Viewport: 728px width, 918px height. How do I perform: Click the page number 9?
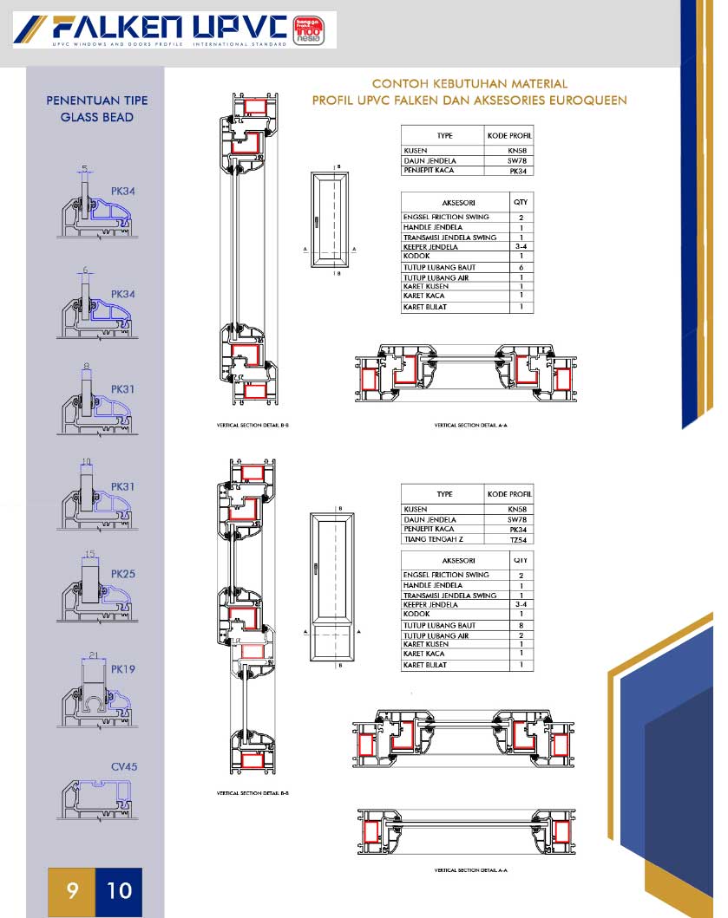(72, 889)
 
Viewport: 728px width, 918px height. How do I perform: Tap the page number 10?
(119, 889)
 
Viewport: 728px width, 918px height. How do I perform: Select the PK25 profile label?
(123, 574)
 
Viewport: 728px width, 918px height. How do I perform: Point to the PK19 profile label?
(123, 670)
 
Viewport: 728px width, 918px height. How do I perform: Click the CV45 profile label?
(124, 767)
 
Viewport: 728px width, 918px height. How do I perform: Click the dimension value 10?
(86, 462)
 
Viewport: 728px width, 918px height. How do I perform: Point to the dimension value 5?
(85, 168)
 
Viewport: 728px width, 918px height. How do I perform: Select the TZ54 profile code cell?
(518, 540)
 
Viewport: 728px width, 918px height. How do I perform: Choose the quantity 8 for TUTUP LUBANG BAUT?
(521, 625)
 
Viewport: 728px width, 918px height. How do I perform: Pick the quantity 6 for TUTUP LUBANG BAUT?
(521, 268)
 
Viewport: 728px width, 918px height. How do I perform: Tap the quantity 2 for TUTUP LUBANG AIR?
(521, 635)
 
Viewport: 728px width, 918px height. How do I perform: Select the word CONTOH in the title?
(397, 84)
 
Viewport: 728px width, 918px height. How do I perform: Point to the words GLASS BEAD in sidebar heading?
(96, 116)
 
